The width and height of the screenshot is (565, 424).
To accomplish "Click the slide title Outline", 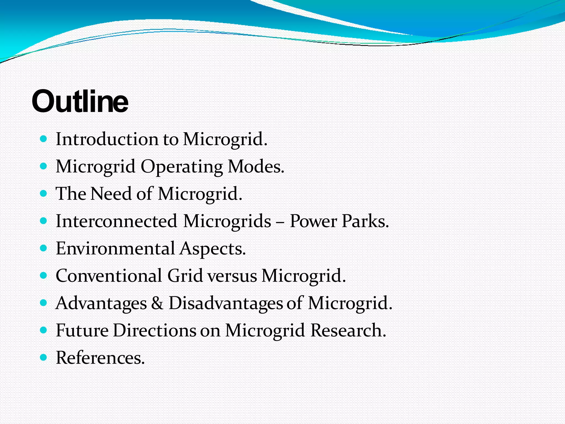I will (x=80, y=102).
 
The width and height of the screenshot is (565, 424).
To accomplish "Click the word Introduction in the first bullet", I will (x=106, y=139).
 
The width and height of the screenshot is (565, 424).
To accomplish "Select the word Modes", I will (x=256, y=166).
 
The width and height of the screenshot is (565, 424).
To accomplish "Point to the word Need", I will (x=111, y=194).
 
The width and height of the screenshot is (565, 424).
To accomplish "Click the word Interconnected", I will (x=116, y=221).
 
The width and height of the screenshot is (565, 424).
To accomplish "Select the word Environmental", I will (x=115, y=248).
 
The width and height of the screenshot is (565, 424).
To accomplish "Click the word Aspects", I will (x=212, y=249).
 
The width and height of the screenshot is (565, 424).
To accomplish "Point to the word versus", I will (x=232, y=276).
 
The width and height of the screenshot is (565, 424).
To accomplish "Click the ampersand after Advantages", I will (x=157, y=303).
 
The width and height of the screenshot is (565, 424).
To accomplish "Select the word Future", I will (x=82, y=330).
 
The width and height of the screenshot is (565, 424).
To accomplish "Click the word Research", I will (x=348, y=330).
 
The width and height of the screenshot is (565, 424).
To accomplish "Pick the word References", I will (x=100, y=357).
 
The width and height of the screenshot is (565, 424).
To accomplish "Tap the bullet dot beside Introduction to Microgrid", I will (x=44, y=139).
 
